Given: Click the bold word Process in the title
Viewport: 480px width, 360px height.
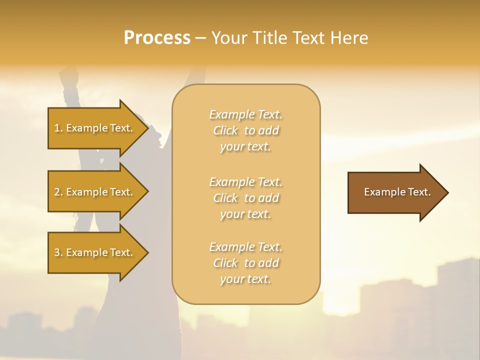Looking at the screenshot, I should pyautogui.click(x=157, y=38).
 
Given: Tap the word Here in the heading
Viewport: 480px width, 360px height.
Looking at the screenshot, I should pyautogui.click(x=349, y=38).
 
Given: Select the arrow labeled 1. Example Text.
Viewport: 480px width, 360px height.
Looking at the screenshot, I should pyautogui.click(x=95, y=128).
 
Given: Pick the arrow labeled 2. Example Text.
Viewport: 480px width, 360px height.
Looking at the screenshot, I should pyautogui.click(x=95, y=192).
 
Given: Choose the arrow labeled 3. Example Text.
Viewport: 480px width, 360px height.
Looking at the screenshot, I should pyautogui.click(x=95, y=252).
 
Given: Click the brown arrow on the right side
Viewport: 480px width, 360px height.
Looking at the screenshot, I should pyautogui.click(x=395, y=192).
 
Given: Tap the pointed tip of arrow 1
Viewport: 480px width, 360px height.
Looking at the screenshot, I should pyautogui.click(x=147, y=128).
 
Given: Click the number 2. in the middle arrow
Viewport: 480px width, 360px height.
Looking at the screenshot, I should pyautogui.click(x=58, y=192).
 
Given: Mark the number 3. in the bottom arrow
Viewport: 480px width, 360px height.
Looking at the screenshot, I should pyautogui.click(x=58, y=252).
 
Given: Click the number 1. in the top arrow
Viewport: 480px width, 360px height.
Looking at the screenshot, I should pyautogui.click(x=58, y=128).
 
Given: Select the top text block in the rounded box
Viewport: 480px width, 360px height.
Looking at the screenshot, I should pyautogui.click(x=245, y=130).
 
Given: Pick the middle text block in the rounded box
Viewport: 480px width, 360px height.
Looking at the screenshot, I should pyautogui.click(x=245, y=197).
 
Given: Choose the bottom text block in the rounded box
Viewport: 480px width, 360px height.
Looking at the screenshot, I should pyautogui.click(x=245, y=262).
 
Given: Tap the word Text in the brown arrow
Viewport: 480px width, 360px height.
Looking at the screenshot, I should pyautogui.click(x=419, y=192).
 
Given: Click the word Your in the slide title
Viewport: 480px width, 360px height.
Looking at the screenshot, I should pyautogui.click(x=227, y=38).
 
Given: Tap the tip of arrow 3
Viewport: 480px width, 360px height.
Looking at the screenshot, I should pyautogui.click(x=147, y=252).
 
